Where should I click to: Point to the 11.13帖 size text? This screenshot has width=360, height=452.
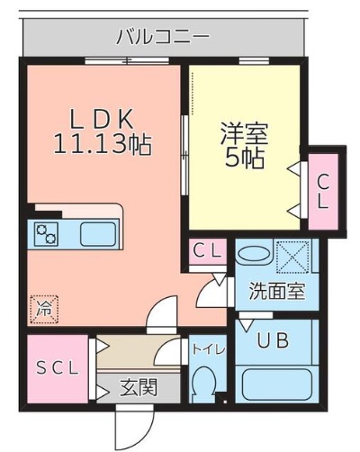(101, 143)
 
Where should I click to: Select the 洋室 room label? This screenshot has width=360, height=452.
(243, 134)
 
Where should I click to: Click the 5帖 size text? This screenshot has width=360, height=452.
(243, 160)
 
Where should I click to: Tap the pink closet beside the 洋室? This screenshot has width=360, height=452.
(322, 190)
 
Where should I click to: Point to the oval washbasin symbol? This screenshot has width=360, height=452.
(254, 254)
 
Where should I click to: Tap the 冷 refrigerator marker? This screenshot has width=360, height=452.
(43, 308)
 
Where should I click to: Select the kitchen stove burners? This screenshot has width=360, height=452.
(46, 234)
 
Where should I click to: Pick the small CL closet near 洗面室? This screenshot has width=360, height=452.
(209, 252)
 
